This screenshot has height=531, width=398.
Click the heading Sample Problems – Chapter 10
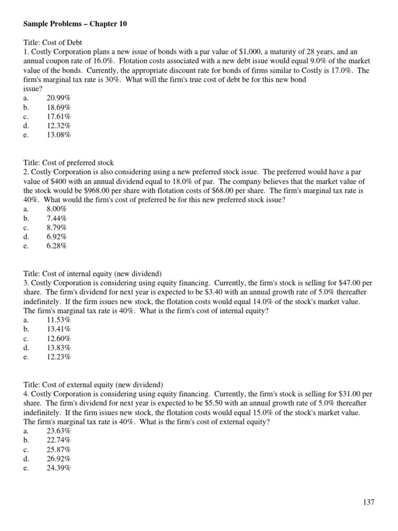point(75,24)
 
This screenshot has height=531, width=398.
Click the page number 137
point(368,502)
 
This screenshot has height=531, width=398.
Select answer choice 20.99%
point(59,98)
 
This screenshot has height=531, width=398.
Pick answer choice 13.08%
point(59,135)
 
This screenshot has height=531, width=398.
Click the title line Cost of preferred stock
point(69,163)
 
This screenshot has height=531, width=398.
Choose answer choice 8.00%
point(56,209)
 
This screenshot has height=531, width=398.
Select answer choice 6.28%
point(56,246)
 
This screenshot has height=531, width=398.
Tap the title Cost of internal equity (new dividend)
point(93,274)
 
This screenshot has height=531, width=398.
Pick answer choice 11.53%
point(59,320)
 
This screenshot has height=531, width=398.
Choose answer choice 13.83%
point(59,348)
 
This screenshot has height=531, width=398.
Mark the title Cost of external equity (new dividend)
point(93,385)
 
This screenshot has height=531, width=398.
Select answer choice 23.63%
point(59,431)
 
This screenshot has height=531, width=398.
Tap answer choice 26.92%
point(59,459)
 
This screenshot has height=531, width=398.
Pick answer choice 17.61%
point(59,117)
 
